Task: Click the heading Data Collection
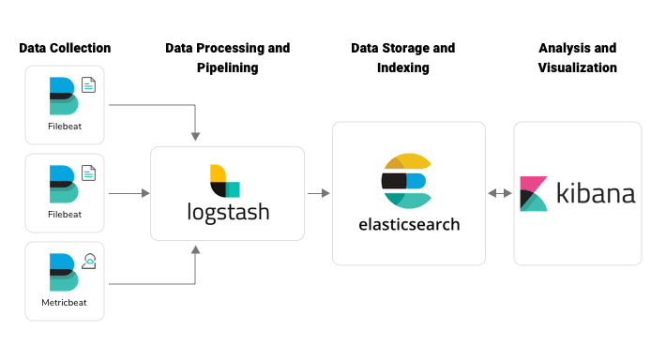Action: point(65,48)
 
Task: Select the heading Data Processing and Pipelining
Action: point(227,57)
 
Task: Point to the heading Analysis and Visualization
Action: point(578,57)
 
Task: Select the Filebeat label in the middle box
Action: point(65,214)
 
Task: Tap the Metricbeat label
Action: point(65,303)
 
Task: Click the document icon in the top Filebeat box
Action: point(89,85)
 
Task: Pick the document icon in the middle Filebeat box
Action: point(89,172)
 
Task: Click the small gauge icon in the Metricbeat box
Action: point(89,262)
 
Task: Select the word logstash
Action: point(227,213)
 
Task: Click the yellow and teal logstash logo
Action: point(225,180)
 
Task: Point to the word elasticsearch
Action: point(409,224)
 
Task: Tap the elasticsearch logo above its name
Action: point(406,180)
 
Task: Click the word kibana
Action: point(596,193)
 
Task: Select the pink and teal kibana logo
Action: point(534,194)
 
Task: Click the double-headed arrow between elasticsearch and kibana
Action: point(499,193)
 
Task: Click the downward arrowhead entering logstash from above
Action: point(195,137)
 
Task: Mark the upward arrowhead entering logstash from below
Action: point(195,250)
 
